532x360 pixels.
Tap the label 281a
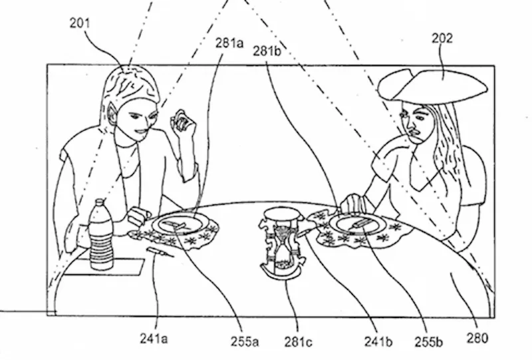coord(229,43)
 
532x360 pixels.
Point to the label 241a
coord(154,339)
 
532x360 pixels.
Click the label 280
coord(478,339)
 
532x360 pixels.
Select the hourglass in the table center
coord(282,243)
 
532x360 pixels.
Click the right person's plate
coord(358,224)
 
